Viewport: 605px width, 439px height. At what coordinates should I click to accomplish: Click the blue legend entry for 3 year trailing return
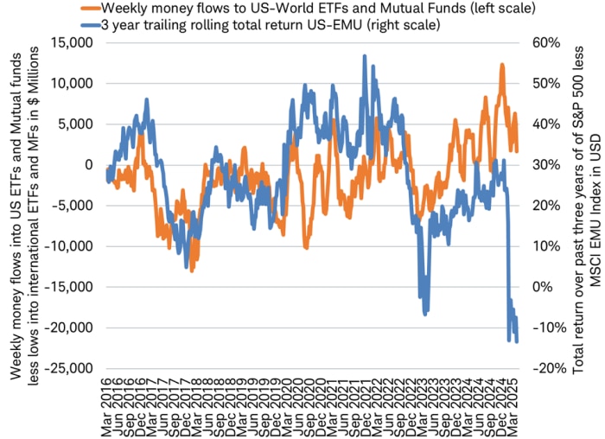click(286, 24)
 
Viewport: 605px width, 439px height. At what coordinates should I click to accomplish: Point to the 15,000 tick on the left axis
click(75, 42)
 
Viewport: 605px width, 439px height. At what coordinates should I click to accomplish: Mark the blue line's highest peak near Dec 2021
click(364, 56)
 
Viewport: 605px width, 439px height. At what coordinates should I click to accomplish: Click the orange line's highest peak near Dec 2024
click(501, 65)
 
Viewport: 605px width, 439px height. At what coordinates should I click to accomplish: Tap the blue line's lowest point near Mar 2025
click(517, 341)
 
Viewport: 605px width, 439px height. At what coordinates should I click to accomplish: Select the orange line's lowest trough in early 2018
click(192, 270)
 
